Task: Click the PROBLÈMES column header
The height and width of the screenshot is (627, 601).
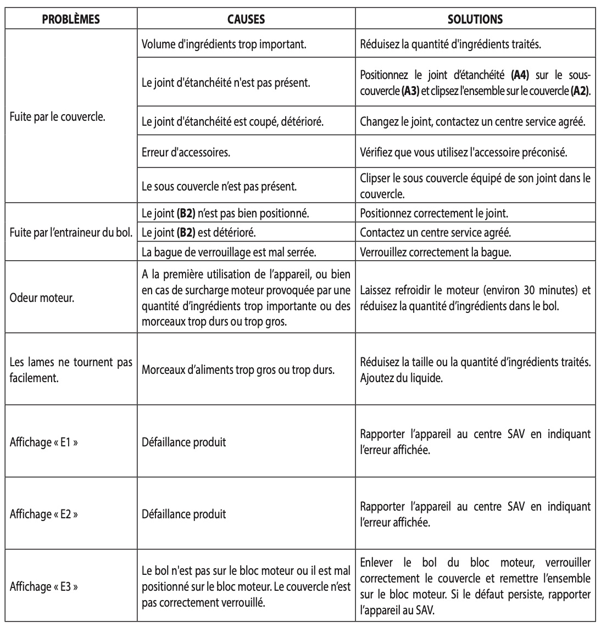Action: point(71,19)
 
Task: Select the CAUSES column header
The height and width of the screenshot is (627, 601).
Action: point(246,19)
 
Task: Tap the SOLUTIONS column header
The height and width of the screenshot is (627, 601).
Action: point(475,19)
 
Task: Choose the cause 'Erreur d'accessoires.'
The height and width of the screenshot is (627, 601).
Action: point(186,153)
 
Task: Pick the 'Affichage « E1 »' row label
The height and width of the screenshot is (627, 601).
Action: point(44,442)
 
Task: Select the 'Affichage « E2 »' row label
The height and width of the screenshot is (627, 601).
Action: point(44,514)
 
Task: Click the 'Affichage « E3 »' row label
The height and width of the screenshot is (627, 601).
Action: point(44,586)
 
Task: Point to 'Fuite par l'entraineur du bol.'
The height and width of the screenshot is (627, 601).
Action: point(70,232)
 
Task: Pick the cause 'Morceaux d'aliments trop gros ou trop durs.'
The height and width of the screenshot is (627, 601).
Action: point(238,370)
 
